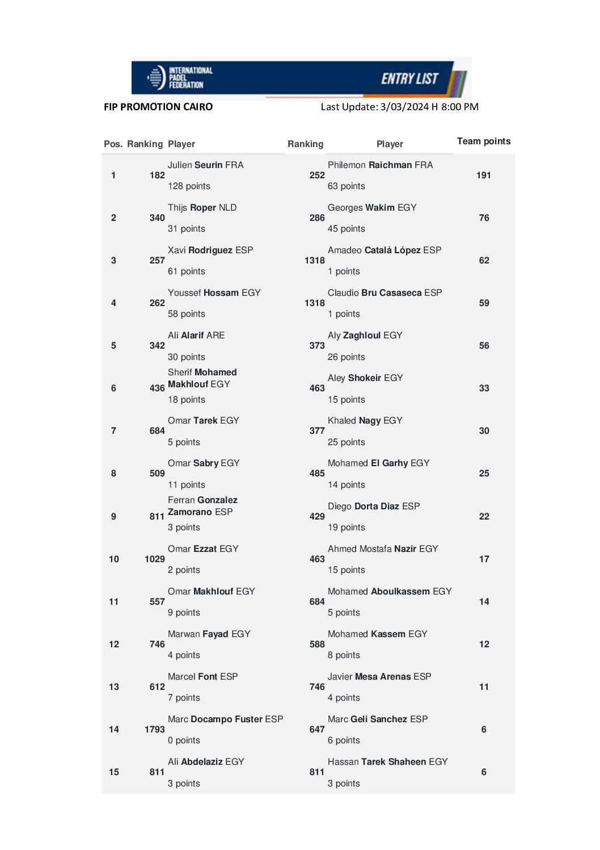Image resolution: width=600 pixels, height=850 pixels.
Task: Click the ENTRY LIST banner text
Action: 409,79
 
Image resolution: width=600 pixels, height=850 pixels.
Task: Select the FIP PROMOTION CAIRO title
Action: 158,107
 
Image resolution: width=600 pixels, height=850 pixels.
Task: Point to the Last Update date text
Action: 399,107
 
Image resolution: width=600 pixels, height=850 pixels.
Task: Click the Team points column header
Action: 484,141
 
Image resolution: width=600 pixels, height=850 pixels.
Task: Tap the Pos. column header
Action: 113,144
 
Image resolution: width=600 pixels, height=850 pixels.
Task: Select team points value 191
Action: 484,175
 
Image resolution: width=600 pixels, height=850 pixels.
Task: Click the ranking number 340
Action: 157,218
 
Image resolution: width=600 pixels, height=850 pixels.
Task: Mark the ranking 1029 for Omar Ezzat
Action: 154,559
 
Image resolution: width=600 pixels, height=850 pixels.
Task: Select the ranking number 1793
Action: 154,730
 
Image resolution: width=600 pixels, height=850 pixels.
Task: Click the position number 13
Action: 114,687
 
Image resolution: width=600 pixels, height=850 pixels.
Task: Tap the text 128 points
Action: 189,186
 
